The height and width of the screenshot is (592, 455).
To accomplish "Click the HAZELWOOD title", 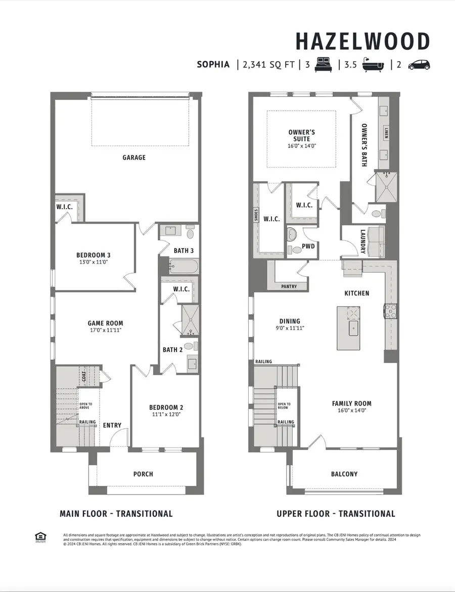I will (362, 41).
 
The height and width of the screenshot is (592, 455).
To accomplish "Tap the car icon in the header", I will (419, 65).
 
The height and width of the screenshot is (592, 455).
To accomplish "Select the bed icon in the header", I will (324, 65).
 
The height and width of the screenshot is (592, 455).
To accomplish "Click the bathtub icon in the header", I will (374, 65).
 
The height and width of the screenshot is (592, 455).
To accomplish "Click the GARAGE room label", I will (133, 158).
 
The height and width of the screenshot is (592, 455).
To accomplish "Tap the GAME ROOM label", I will (105, 323).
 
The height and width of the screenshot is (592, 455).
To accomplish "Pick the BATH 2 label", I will (172, 350).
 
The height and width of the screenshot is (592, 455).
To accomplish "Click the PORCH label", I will (143, 474).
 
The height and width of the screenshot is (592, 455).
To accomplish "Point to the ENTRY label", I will (112, 425).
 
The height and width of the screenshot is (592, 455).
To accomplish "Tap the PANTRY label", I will (289, 286).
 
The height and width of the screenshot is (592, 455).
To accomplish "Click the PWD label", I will (308, 247).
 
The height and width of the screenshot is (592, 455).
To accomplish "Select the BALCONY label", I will (344, 474).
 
